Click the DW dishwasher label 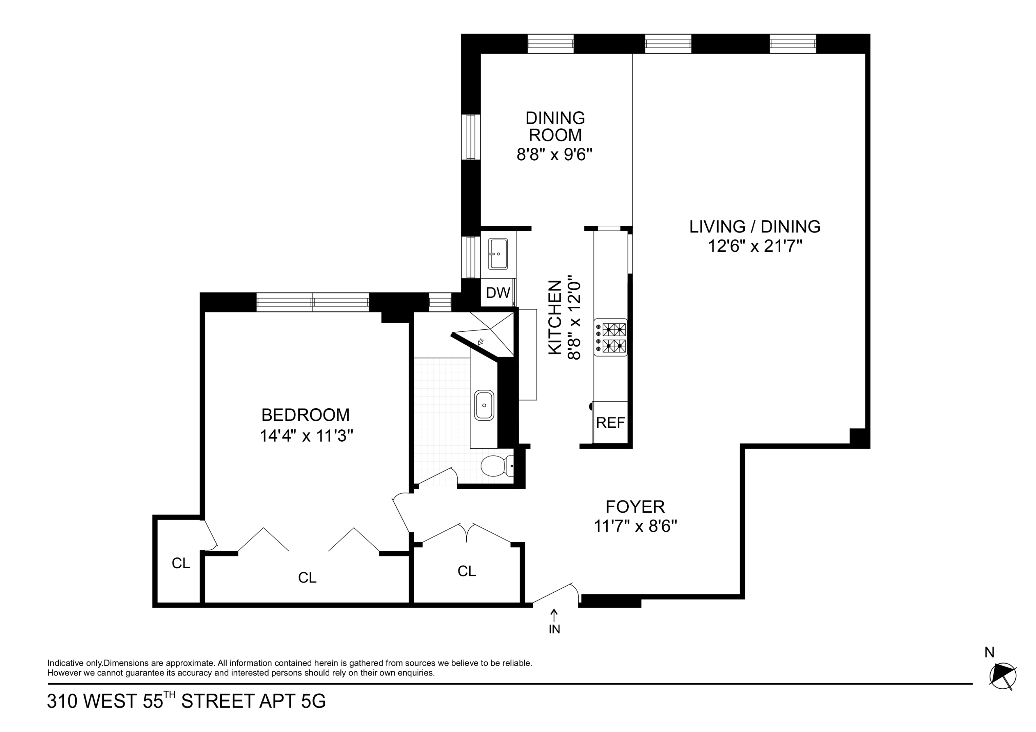pos(498,293)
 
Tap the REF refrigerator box pos(610,423)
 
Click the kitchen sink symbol pos(498,254)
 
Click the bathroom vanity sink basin pos(484,405)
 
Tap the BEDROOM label pos(306,415)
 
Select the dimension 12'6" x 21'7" pos(755,246)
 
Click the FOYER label pos(635,507)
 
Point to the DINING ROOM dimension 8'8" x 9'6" pos(554,155)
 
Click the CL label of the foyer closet pos(467,571)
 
